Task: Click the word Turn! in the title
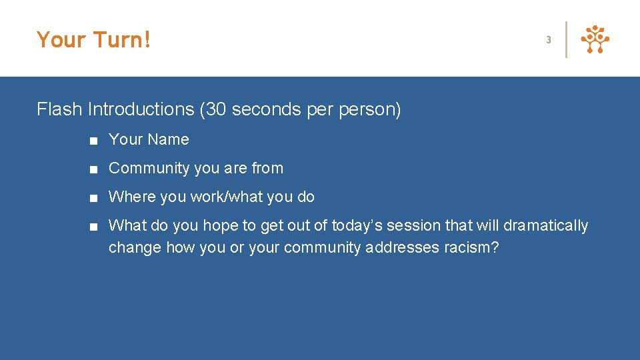122,40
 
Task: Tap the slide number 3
549,40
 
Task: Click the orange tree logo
595,39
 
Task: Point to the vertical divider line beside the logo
566,39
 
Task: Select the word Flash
60,109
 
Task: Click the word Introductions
141,109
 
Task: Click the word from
267,168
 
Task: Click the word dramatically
545,226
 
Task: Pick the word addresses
402,247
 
